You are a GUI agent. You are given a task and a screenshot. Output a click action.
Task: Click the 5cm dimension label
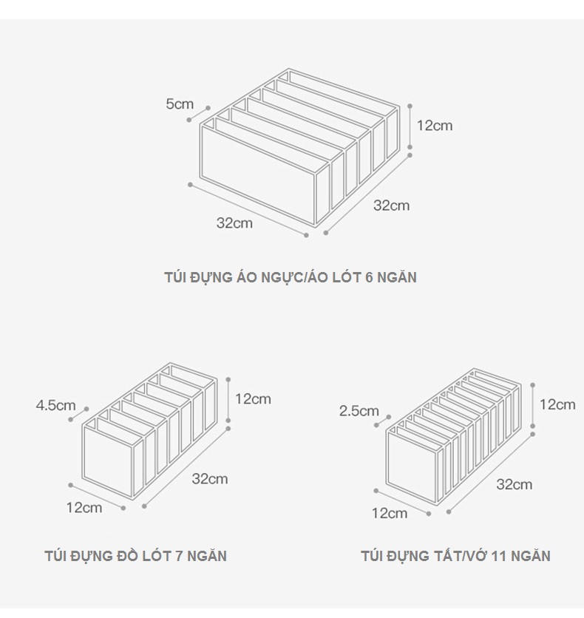tap(180, 104)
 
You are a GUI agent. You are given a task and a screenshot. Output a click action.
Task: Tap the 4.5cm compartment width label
tap(55, 405)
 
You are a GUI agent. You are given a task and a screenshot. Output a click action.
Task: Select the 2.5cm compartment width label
tap(359, 411)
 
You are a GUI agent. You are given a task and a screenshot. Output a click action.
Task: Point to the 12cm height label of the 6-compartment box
tap(435, 126)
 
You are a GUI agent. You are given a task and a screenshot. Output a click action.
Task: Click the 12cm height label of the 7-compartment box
tap(253, 399)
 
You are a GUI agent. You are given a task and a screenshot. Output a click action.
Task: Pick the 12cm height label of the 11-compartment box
tap(557, 404)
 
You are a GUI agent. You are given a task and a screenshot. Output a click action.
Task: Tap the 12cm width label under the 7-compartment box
tap(84, 508)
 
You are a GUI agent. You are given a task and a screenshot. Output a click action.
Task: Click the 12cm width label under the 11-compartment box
tap(390, 513)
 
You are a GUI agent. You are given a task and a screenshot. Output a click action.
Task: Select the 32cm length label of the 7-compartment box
tap(210, 479)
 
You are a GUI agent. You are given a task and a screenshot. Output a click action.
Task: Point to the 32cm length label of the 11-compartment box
tap(515, 484)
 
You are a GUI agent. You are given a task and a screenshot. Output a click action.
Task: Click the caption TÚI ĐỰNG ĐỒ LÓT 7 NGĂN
tap(135, 556)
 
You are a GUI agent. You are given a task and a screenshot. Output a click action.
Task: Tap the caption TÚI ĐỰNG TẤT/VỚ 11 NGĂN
tap(455, 556)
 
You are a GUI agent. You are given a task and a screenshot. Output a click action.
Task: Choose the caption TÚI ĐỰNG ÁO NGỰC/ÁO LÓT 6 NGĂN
tap(291, 277)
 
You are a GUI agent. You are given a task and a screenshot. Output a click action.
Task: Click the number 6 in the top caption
tap(369, 277)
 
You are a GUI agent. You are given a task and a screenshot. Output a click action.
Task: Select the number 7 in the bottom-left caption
tap(179, 556)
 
